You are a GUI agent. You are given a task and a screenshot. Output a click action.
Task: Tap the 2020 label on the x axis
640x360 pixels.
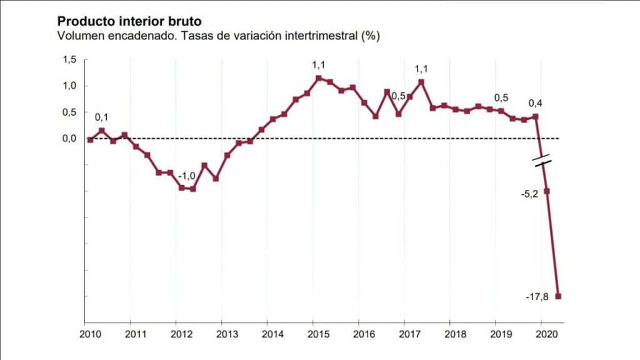pos(547,333)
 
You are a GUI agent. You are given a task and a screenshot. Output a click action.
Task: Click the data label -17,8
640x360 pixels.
pos(537,297)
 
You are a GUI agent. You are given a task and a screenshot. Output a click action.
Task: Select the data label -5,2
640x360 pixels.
pos(529,194)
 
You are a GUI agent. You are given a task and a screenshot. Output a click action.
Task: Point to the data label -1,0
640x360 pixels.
pos(187,176)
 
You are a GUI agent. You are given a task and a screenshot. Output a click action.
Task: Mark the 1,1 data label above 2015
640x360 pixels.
pos(319,64)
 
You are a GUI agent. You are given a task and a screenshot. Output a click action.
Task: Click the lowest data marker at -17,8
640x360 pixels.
pos(558,296)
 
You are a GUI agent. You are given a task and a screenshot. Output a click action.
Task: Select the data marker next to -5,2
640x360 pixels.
pos(547,191)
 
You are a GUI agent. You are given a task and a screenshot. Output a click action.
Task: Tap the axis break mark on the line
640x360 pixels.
pos(542,159)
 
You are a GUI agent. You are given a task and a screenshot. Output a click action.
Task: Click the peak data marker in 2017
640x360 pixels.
pos(421,82)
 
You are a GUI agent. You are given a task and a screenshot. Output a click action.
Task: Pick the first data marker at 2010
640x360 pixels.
pos(91,140)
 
